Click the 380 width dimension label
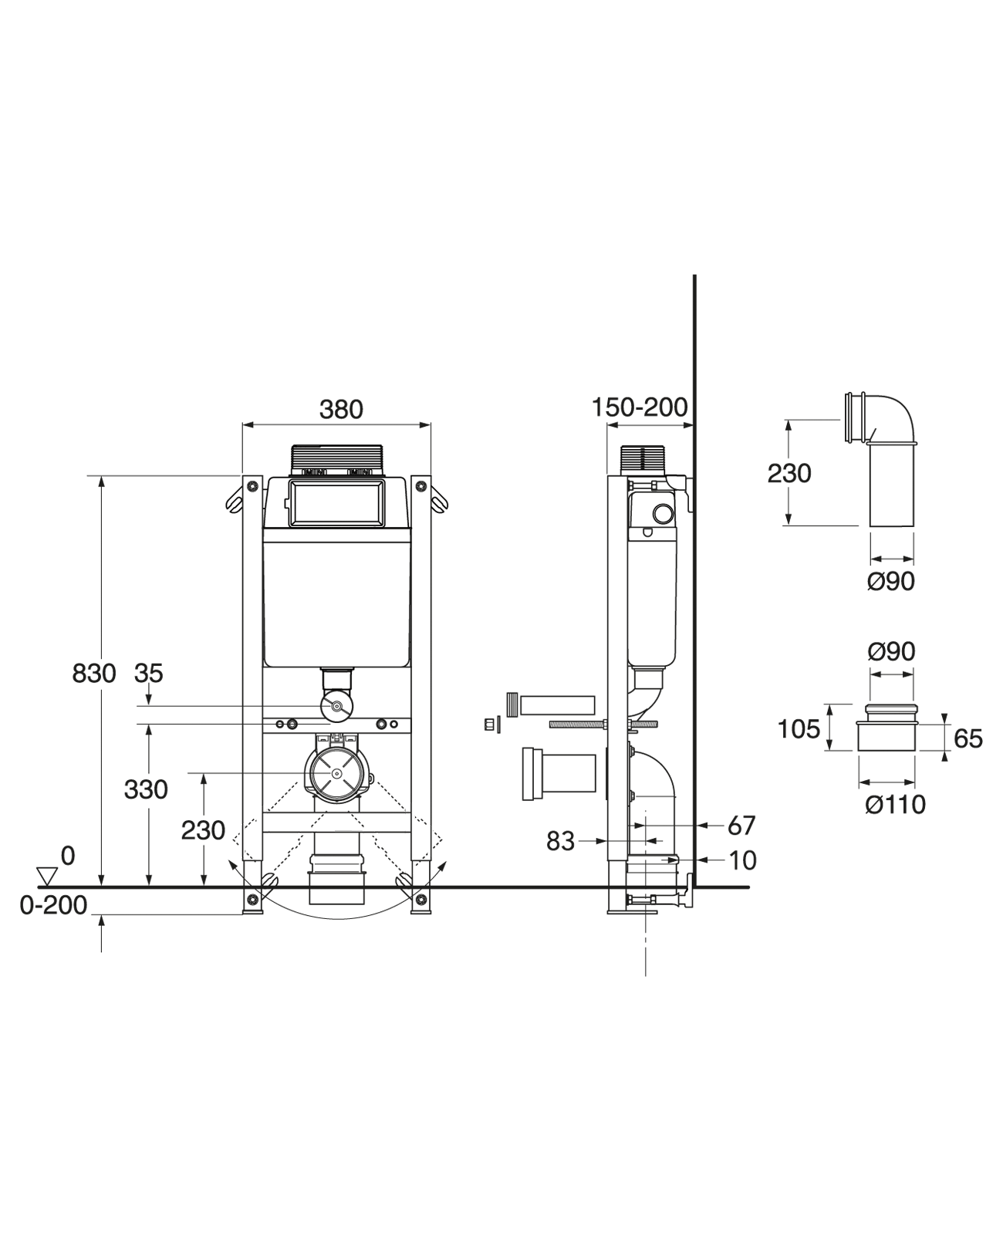click(341, 410)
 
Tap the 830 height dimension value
click(94, 674)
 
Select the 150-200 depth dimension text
click(640, 407)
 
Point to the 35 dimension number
click(149, 674)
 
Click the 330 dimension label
click(146, 790)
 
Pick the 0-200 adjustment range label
click(53, 905)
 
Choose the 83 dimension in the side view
click(560, 841)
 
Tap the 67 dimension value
click(741, 826)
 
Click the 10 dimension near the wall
click(741, 861)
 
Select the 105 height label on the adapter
click(799, 730)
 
